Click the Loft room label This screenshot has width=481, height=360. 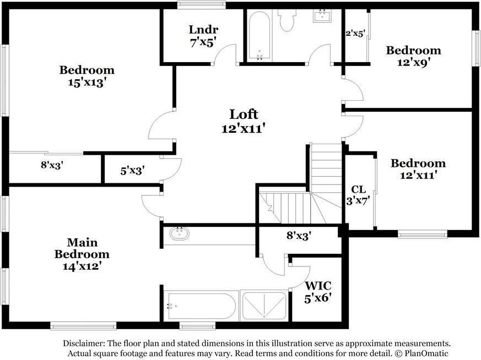(244, 114)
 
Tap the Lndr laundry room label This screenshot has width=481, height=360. (203, 30)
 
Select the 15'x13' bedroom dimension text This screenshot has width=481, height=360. (87, 83)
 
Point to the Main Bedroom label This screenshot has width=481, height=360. (82, 248)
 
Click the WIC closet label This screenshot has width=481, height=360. (318, 286)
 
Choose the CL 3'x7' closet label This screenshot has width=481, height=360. (358, 195)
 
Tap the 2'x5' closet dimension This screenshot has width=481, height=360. (355, 33)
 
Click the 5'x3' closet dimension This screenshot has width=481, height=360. (132, 171)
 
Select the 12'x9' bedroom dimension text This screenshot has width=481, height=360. (413, 63)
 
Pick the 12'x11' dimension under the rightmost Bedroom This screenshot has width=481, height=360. (418, 175)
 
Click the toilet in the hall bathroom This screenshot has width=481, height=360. (287, 18)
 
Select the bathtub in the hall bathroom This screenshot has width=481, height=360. (260, 36)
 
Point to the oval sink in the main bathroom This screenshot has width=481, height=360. (180, 233)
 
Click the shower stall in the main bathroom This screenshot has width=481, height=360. (264, 306)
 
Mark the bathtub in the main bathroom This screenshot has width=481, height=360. (201, 306)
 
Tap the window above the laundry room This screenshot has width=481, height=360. (202, 4)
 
